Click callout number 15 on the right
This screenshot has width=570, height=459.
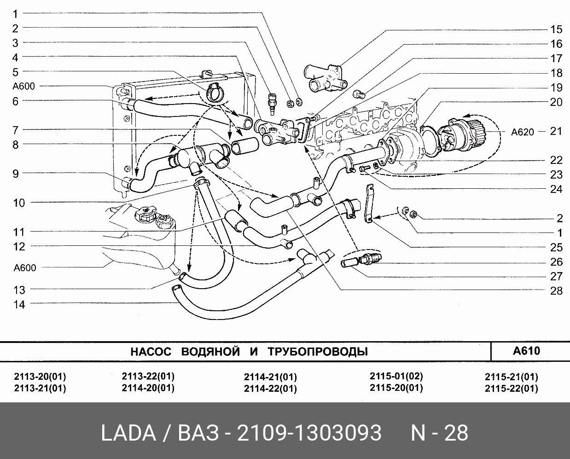(556, 29)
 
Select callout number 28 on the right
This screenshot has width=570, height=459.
(556, 291)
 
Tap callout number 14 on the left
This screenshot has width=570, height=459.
(19, 304)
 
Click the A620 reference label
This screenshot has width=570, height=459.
(523, 132)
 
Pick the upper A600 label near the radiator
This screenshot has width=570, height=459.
(24, 86)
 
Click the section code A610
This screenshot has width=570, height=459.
(526, 351)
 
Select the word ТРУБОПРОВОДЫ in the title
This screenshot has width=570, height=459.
(318, 352)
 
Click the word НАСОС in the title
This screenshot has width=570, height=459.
(151, 352)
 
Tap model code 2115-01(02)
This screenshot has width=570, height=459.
(396, 376)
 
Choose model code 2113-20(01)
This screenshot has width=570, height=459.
(40, 376)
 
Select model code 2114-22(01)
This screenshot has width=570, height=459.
(270, 389)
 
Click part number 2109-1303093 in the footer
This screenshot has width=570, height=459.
(309, 433)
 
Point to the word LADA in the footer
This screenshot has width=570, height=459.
(128, 433)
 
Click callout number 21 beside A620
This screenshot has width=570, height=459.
(556, 131)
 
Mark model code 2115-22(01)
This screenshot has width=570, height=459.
(511, 388)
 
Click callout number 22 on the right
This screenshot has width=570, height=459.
(556, 160)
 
